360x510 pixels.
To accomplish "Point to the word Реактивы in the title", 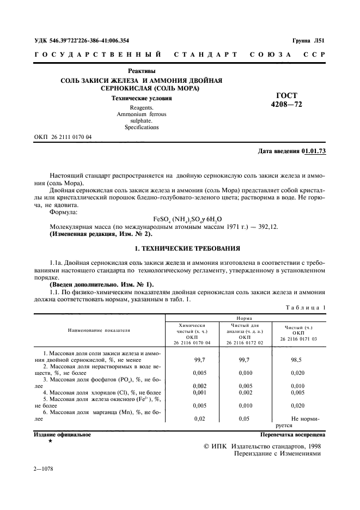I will (142, 71).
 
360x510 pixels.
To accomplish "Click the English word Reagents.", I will (142, 108).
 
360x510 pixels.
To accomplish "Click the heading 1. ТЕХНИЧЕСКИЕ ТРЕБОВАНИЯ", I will (180, 248).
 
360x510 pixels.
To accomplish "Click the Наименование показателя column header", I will (99, 330).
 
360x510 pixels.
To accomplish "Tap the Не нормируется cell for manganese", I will (298, 422).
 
